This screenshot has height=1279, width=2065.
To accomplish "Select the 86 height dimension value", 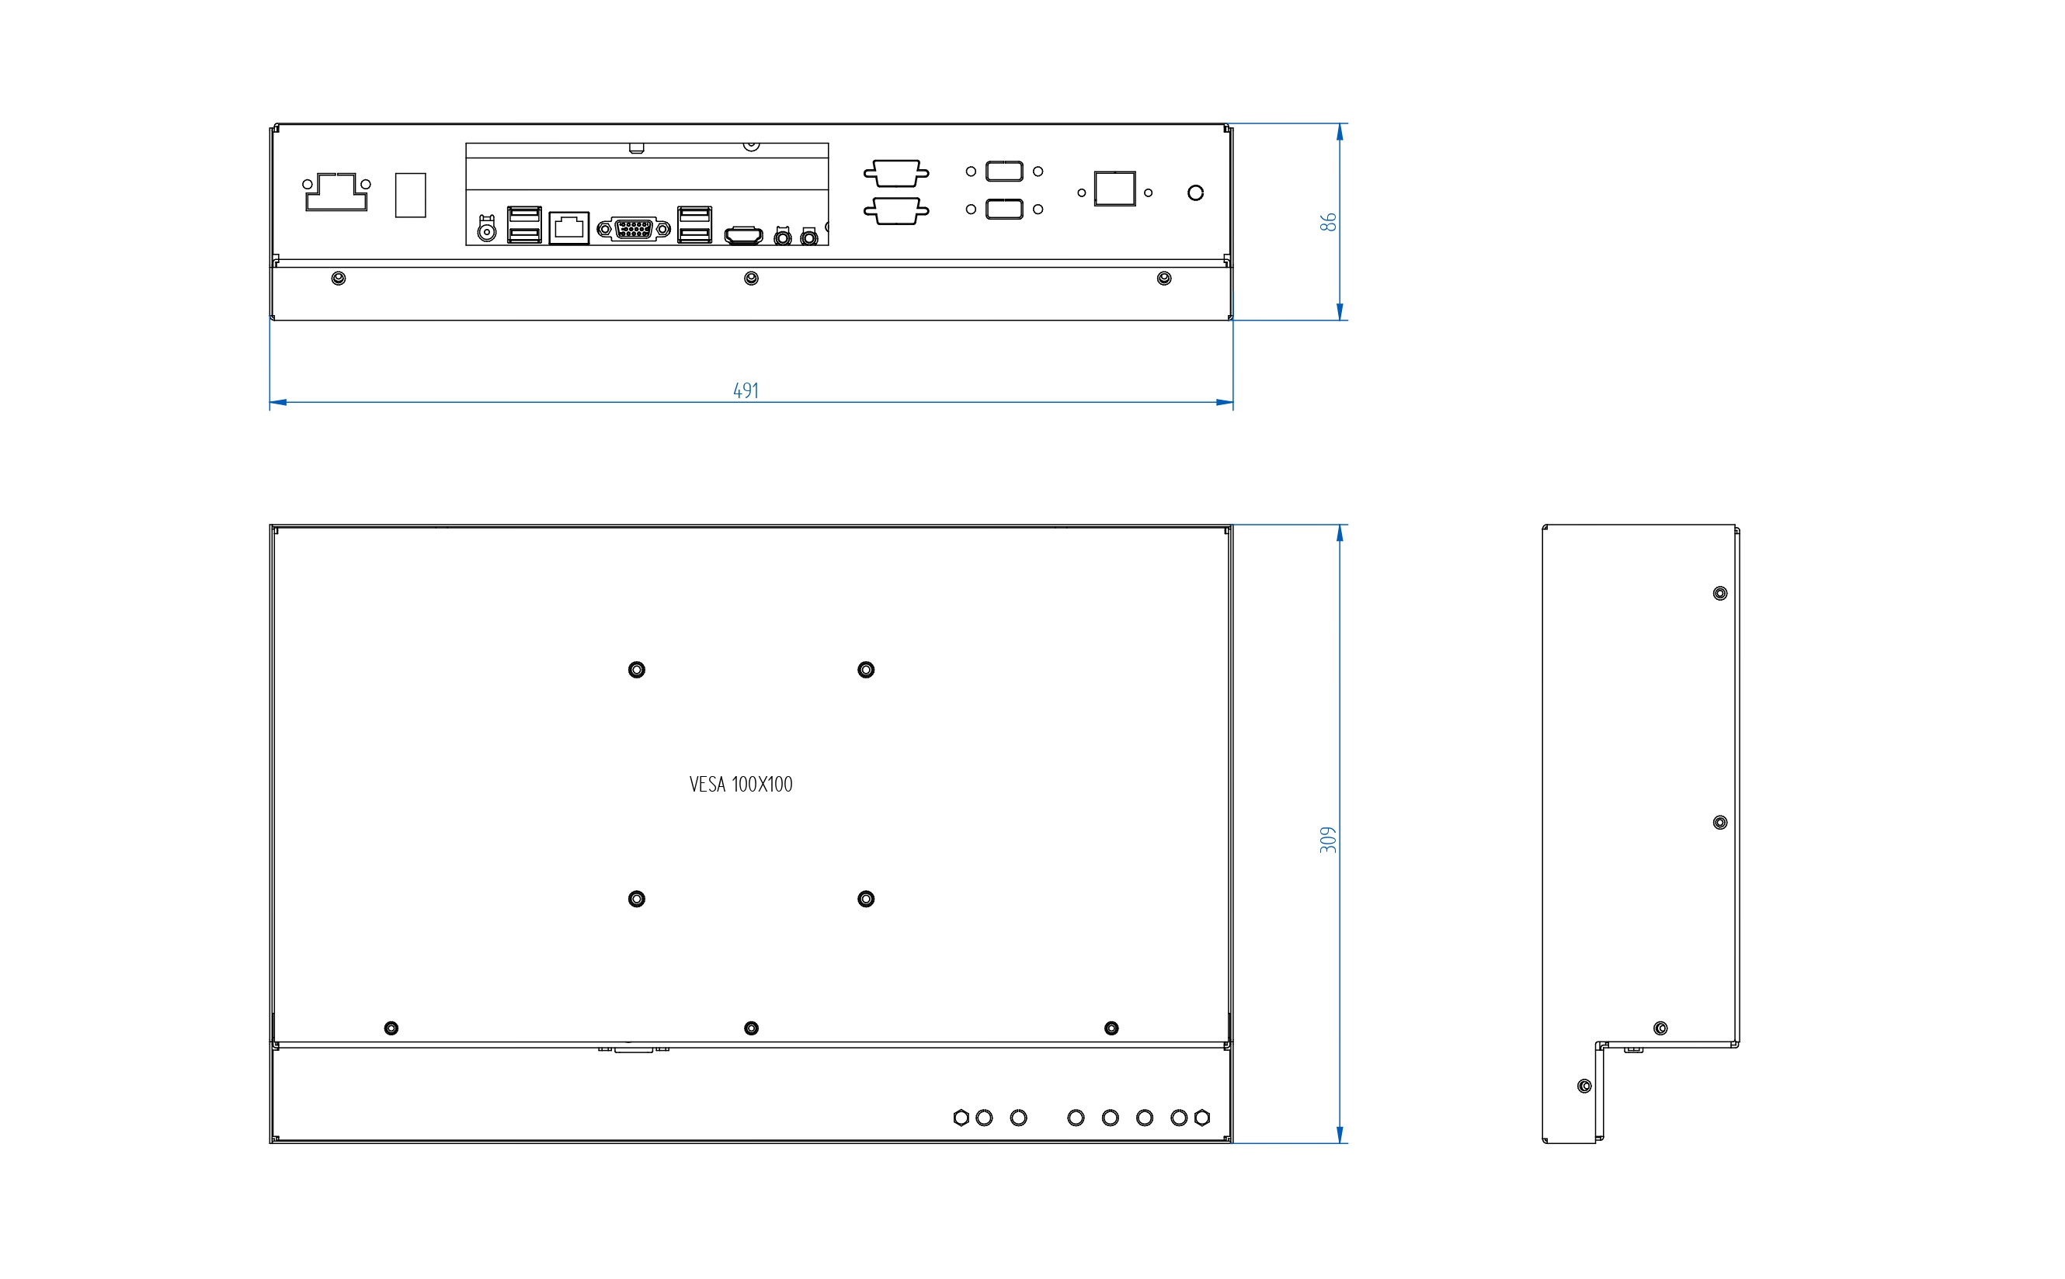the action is pyautogui.click(x=1329, y=222).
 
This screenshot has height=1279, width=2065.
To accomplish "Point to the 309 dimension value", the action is pyautogui.click(x=1329, y=839).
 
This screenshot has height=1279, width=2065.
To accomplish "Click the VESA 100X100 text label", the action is pyautogui.click(x=741, y=784).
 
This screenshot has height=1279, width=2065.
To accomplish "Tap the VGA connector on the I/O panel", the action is pyautogui.click(x=634, y=228).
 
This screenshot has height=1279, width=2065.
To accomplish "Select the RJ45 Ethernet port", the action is pyautogui.click(x=568, y=227).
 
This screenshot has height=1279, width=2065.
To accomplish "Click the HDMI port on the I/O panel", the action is pyautogui.click(x=744, y=235).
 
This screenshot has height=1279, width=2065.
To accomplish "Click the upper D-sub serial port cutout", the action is pyautogui.click(x=896, y=172).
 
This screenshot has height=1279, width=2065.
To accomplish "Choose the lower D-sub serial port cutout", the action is pyautogui.click(x=896, y=210).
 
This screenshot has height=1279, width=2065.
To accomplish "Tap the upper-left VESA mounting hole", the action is pyautogui.click(x=636, y=670).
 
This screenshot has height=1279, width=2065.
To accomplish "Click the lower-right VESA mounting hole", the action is pyautogui.click(x=866, y=899).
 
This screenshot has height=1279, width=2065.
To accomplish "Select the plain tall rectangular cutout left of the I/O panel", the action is pyautogui.click(x=411, y=196).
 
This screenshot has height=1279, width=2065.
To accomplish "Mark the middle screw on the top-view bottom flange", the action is pyautogui.click(x=751, y=279).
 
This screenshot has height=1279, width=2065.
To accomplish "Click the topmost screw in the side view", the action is pyautogui.click(x=1719, y=594).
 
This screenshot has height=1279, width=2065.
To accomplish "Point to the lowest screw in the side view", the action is pyautogui.click(x=1584, y=1086).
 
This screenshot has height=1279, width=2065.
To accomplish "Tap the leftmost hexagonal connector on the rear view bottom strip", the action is pyautogui.click(x=961, y=1118).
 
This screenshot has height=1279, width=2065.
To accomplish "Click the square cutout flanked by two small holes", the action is pyautogui.click(x=1114, y=189).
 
